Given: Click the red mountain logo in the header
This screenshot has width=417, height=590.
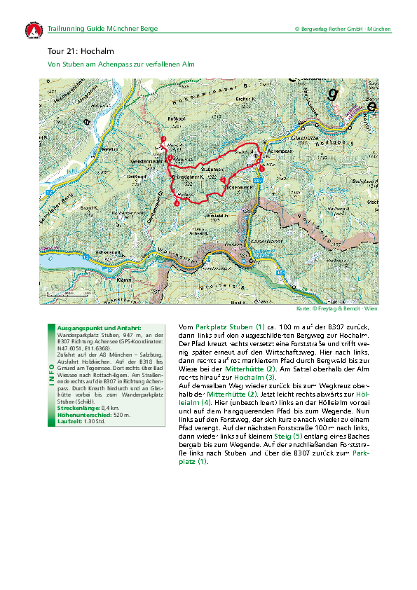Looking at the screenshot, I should point(32,32).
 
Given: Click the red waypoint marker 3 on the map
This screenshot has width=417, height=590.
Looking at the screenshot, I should point(163,139).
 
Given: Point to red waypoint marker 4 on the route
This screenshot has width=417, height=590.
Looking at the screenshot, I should point(177,203).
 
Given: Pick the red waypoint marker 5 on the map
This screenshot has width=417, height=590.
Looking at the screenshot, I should point(223,180).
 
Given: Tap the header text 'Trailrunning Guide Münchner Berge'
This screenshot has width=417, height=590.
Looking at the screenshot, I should point(102,29).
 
